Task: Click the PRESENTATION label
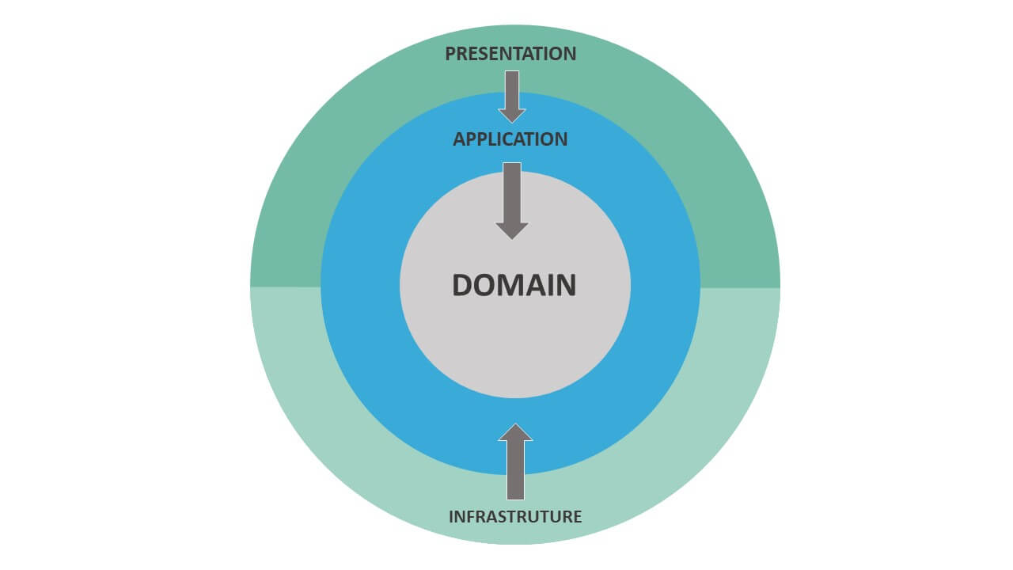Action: point(510,54)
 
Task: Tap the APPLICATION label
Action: point(510,139)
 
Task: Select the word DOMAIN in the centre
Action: point(514,285)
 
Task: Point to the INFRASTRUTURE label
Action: point(515,517)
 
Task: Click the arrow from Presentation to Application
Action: point(512,95)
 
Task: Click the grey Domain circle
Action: point(514,348)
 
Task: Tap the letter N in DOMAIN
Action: point(565,285)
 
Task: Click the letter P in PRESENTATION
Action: point(450,54)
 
